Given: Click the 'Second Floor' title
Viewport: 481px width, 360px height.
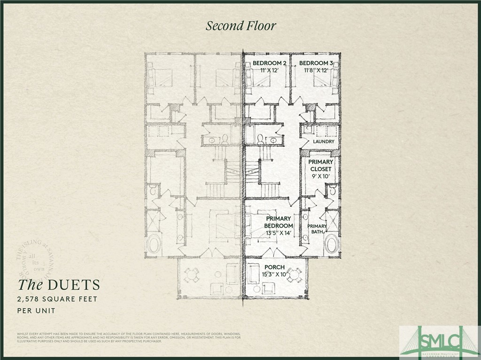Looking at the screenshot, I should tap(240, 26).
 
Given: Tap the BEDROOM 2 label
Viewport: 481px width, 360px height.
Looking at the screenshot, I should tap(269, 63).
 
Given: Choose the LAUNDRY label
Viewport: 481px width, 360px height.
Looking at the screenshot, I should tap(324, 141).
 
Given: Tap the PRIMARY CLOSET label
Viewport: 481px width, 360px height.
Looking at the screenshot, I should tap(320, 165).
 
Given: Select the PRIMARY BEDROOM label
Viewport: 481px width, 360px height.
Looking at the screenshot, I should tap(279, 222).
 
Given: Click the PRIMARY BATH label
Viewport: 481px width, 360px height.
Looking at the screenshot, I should tap(317, 229).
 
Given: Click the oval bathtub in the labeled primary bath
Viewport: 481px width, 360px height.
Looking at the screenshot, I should tap(332, 244).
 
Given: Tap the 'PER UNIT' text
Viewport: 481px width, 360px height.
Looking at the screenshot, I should tap(36, 311).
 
